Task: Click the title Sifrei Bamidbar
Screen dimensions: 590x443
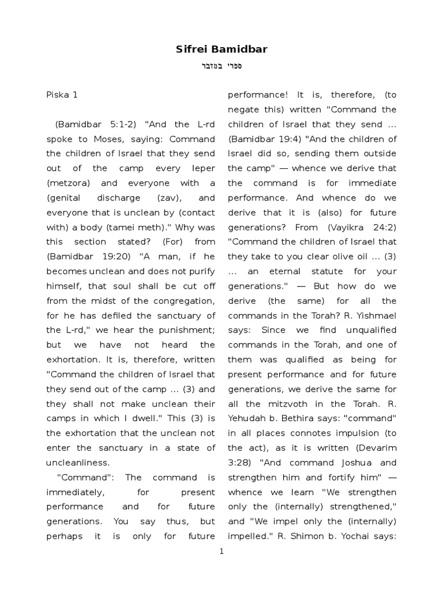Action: pos(221,50)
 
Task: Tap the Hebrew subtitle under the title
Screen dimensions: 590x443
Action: pos(221,66)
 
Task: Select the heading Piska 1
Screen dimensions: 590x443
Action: pos(62,94)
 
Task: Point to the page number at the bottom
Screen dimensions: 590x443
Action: pos(221,551)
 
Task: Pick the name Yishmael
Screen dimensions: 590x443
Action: pos(376,315)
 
